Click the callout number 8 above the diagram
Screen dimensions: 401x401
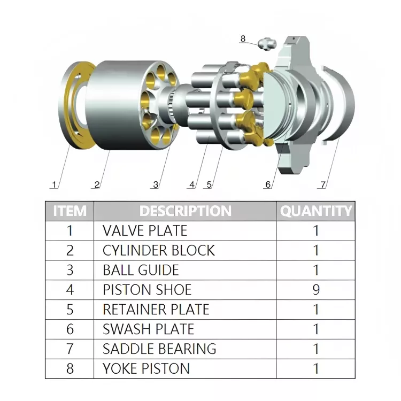coord(243,39)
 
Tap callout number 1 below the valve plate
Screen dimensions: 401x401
coord(54,184)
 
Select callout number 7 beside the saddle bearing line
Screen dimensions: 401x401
coord(323,184)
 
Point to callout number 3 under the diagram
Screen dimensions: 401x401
coord(156,184)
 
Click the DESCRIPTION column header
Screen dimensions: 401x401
coord(186,211)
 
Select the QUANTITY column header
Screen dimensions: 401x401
coord(316,211)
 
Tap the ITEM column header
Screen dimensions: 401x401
coord(70,211)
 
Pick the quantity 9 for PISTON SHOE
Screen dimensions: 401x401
coord(316,289)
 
